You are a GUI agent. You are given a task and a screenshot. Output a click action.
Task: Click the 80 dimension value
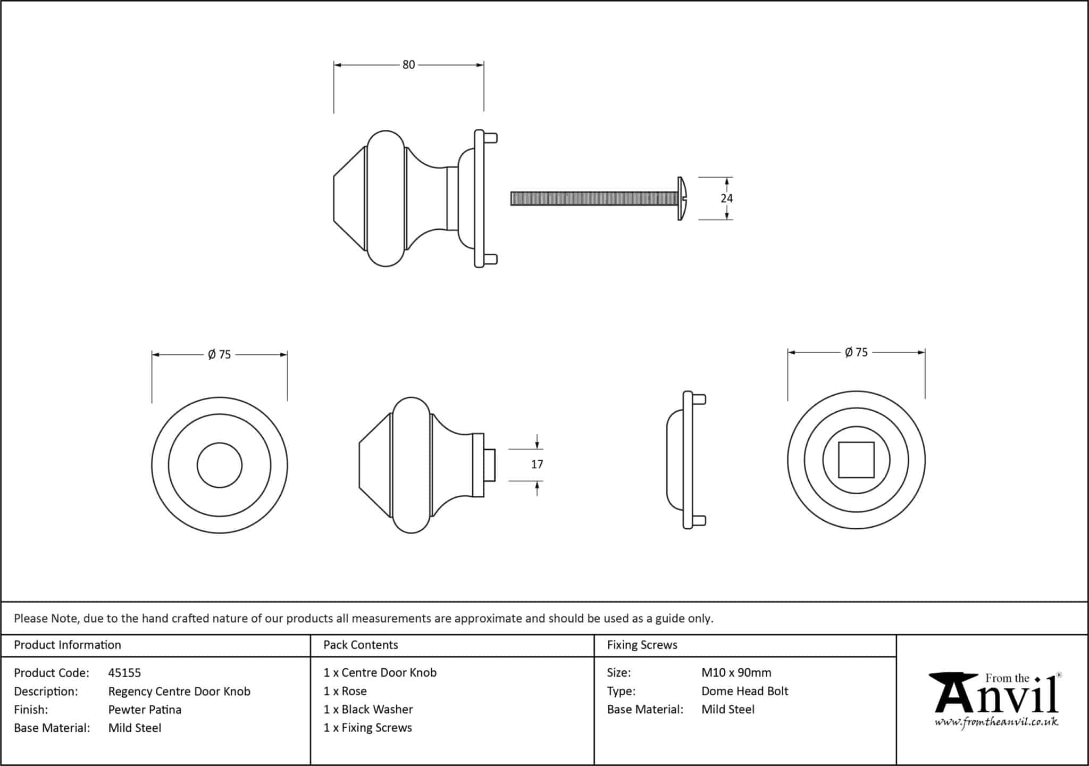(x=408, y=65)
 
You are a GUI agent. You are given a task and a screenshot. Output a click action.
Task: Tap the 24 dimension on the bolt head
(x=726, y=198)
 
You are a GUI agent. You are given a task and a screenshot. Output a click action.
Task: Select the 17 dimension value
(x=537, y=464)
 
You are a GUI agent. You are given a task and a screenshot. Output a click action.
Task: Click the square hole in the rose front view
(x=856, y=460)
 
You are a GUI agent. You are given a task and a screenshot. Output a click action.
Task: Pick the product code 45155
(x=124, y=673)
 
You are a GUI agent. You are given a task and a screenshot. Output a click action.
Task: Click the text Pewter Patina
(x=145, y=710)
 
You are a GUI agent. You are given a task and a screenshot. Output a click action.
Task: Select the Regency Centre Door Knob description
(x=179, y=692)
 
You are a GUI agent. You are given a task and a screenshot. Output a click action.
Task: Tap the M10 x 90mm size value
(x=736, y=672)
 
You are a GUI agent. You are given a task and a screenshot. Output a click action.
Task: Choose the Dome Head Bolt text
(x=744, y=691)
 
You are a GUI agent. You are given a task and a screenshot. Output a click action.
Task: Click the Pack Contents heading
(x=361, y=645)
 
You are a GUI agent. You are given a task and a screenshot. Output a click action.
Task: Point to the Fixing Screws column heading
(x=642, y=645)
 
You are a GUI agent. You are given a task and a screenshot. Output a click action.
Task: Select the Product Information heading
(x=68, y=645)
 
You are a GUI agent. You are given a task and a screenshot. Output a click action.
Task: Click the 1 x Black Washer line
(x=368, y=710)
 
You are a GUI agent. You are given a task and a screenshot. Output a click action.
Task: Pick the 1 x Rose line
(x=345, y=691)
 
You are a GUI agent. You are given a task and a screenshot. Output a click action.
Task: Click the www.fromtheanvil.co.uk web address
(x=996, y=722)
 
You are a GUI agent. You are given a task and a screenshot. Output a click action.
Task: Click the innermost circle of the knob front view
(x=220, y=465)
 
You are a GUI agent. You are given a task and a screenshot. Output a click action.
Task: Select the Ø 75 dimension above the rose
(x=856, y=352)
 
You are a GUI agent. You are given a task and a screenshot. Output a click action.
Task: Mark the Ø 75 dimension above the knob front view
(x=220, y=354)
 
